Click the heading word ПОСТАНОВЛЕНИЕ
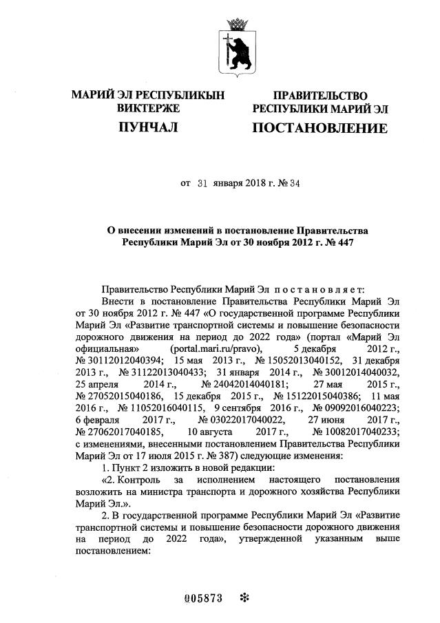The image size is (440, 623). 319,128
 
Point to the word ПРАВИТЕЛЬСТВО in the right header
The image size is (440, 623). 319,95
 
